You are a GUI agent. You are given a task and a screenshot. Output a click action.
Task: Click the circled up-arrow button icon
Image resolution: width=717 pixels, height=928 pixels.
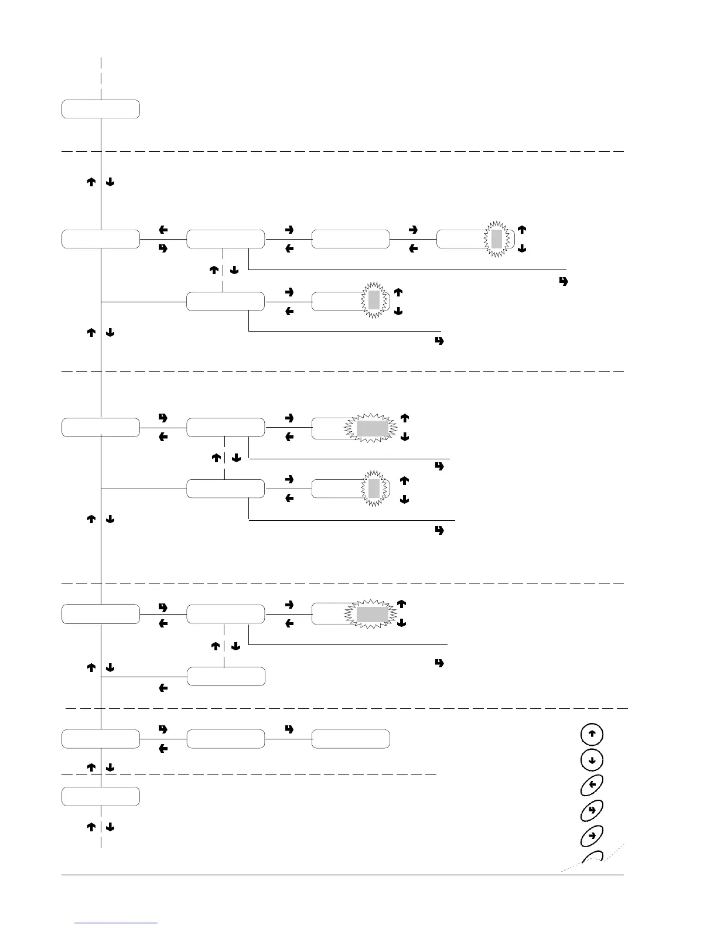(592, 734)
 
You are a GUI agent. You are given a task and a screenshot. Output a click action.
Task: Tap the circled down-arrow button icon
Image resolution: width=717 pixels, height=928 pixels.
(592, 760)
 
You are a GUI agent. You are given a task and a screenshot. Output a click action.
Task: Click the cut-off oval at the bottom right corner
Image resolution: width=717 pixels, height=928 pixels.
(593, 858)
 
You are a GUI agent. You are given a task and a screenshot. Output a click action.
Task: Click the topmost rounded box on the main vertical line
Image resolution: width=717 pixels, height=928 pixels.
(101, 110)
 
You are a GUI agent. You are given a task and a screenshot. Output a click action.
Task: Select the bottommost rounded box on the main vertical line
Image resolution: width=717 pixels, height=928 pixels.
(101, 796)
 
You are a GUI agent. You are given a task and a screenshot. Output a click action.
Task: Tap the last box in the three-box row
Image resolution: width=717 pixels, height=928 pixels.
(350, 739)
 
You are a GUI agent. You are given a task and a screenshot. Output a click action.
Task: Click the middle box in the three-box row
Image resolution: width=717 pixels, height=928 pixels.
(226, 739)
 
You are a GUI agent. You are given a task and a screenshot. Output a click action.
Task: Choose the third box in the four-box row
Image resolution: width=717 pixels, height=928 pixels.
(350, 239)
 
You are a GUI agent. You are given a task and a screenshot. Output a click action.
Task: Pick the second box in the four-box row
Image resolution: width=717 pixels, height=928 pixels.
(226, 239)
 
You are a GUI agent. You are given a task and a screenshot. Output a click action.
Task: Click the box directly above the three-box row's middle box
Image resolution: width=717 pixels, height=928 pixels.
(226, 676)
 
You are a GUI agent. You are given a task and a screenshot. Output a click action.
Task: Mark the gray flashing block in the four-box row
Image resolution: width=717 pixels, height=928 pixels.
(497, 239)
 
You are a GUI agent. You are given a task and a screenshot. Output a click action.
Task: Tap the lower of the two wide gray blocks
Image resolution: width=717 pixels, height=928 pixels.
(373, 615)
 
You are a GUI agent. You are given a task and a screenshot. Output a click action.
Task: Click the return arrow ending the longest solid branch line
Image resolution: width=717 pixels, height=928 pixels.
(564, 282)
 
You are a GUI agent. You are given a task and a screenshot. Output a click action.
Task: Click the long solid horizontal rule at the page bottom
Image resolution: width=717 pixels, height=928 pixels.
(343, 875)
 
